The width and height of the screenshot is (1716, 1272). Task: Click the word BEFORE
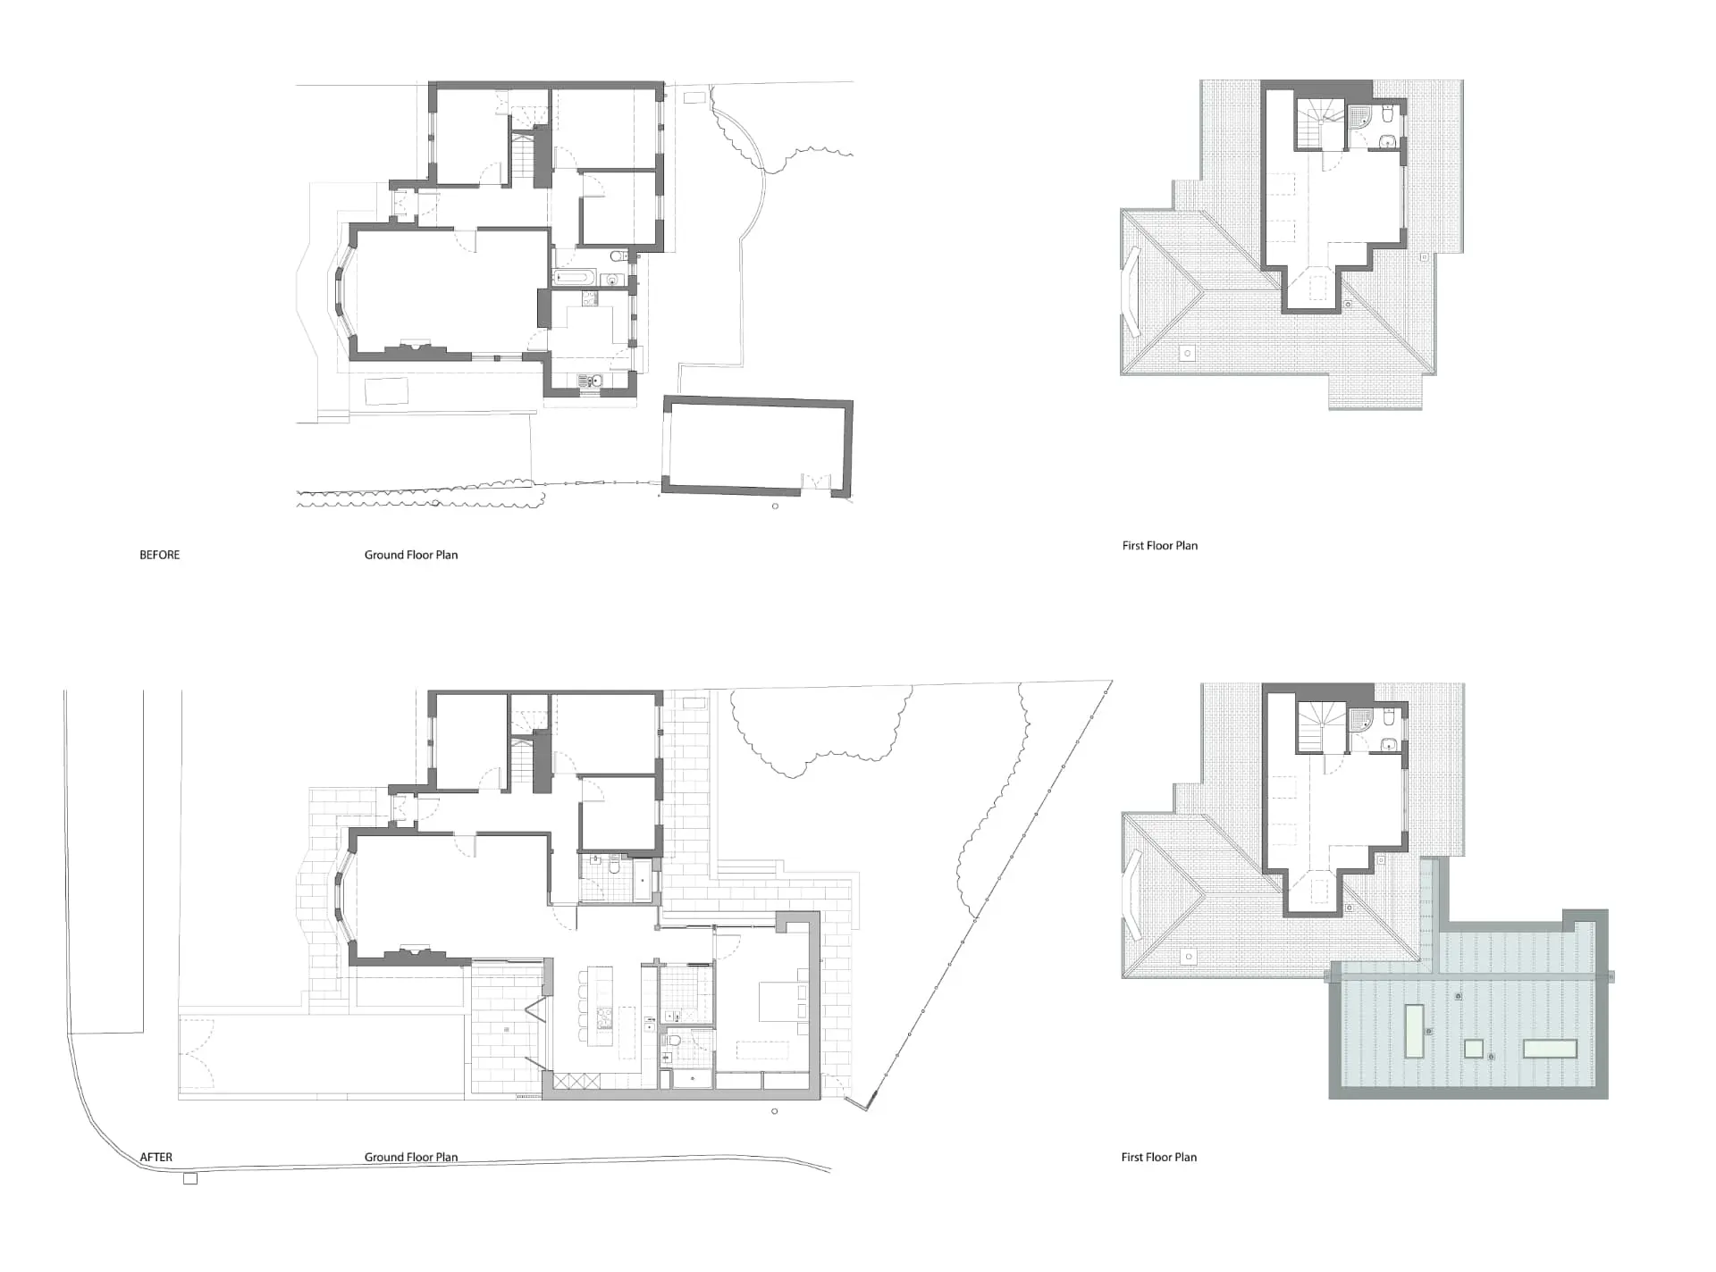(x=159, y=555)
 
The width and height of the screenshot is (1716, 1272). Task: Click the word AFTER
(x=156, y=1157)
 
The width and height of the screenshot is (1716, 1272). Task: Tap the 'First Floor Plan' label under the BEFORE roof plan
(x=1159, y=545)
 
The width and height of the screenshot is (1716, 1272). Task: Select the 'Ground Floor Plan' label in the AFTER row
(x=411, y=1157)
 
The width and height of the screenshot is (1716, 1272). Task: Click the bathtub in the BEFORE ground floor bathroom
(x=574, y=278)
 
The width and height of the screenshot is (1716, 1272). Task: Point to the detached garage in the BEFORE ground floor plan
(x=757, y=446)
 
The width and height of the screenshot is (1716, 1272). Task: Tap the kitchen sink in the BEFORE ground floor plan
(x=591, y=381)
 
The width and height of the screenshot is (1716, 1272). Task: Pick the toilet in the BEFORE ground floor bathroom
(x=618, y=256)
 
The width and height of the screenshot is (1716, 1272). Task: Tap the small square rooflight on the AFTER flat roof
(x=1474, y=1048)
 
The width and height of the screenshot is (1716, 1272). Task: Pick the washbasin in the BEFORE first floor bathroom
(x=1386, y=140)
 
